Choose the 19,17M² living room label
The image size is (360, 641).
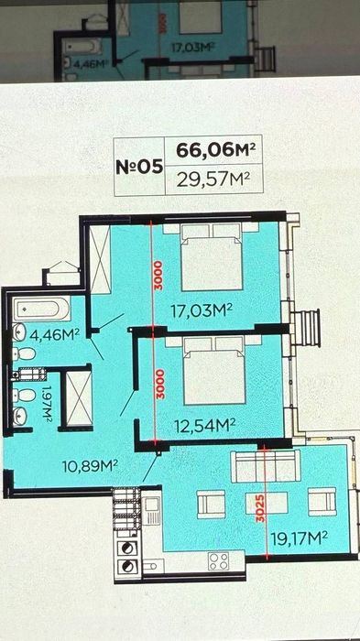pos(300,537)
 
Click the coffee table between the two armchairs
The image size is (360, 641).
pos(266,503)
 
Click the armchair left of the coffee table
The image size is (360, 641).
pos(212,503)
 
